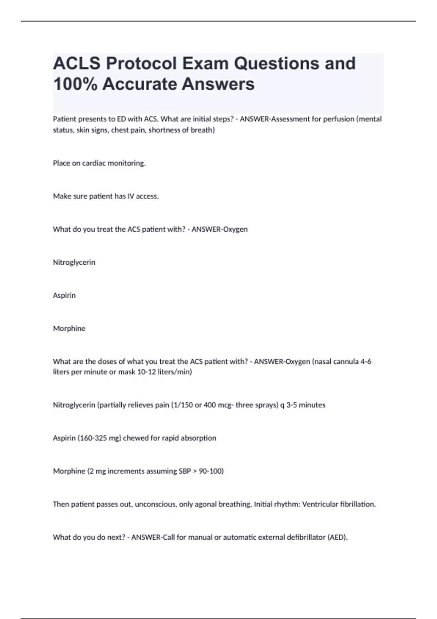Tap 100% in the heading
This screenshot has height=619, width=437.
tap(75, 84)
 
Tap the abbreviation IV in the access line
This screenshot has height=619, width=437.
tap(131, 196)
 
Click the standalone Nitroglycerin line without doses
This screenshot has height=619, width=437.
tap(74, 263)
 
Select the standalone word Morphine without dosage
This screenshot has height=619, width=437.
tap(69, 328)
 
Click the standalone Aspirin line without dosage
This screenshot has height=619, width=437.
tap(64, 295)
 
